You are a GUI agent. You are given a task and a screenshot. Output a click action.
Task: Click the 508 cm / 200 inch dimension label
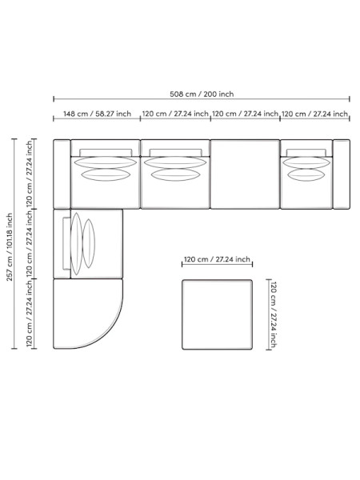pyautogui.click(x=202, y=94)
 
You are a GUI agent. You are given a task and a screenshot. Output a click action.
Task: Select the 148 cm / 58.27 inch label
pyautogui.click(x=97, y=114)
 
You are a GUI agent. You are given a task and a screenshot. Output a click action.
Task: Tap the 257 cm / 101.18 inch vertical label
pyautogui.click(x=10, y=247)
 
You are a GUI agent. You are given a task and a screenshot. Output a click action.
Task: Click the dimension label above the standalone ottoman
pyautogui.click(x=217, y=259)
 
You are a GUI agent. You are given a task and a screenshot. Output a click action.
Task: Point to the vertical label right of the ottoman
pyautogui.click(x=273, y=314)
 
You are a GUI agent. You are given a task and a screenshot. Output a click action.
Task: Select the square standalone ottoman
pyautogui.click(x=218, y=314)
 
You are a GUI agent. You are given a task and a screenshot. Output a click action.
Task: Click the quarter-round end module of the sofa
pyautogui.click(x=88, y=314)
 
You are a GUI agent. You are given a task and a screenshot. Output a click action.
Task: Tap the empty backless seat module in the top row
pyautogui.click(x=245, y=174)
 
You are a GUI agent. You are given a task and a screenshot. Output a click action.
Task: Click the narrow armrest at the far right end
pyautogui.click(x=342, y=174)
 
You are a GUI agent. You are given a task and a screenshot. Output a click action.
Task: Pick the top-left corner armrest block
pyautogui.click(x=62, y=174)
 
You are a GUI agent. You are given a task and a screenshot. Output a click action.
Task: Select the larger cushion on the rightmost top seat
pyautogui.click(x=306, y=162)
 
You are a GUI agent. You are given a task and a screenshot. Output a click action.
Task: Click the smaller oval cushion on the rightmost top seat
pyautogui.click(x=306, y=174)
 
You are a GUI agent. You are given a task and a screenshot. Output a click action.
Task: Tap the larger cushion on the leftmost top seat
pyautogui.click(x=106, y=162)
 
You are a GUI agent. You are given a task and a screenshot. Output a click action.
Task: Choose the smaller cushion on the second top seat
pyautogui.click(x=175, y=174)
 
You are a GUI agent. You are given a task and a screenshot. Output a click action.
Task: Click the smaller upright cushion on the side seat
pyautogui.click(x=89, y=243)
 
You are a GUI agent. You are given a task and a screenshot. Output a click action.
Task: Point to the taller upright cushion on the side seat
pyautogui.click(x=77, y=244)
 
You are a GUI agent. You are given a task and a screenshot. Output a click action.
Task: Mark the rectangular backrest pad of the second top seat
pyautogui.click(x=175, y=153)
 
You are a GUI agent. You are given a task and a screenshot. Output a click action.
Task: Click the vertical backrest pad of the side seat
pyautogui.click(x=66, y=244)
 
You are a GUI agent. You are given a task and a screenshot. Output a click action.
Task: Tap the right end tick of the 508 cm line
pyautogui.click(x=350, y=98)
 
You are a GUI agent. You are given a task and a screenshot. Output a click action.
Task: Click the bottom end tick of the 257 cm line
pyautogui.click(x=14, y=348)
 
